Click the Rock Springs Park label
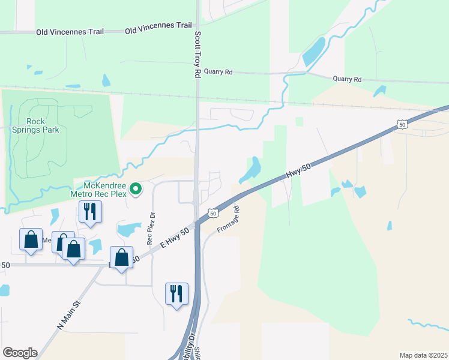(x=43, y=125)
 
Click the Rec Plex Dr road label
(x=151, y=228)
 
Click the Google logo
(x=20, y=353)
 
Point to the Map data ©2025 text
(x=423, y=355)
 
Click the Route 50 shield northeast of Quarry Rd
(x=401, y=124)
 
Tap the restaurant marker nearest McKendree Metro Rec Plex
(x=90, y=212)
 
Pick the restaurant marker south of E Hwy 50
(x=176, y=294)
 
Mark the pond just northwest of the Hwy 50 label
(x=252, y=170)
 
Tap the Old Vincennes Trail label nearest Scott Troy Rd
(x=158, y=26)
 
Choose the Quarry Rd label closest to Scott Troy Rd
(x=218, y=71)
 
